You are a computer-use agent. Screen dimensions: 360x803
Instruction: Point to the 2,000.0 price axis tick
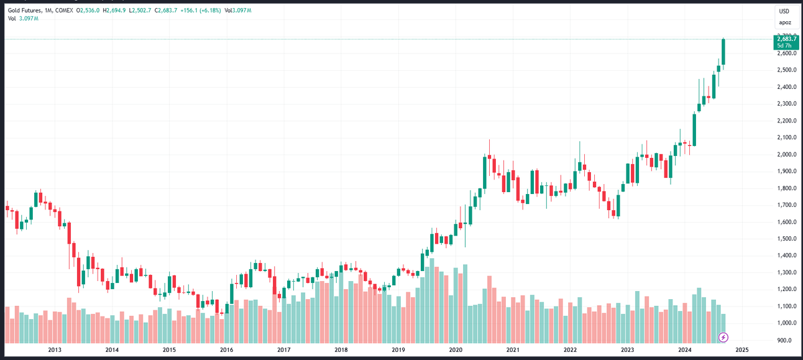pos(786,154)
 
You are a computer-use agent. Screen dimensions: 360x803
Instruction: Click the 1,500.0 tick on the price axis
pos(786,239)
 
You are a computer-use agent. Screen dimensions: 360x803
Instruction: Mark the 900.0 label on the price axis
pos(787,340)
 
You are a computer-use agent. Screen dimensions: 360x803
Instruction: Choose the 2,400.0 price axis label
pos(786,87)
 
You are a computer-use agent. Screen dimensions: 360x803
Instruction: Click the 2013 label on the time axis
pos(55,350)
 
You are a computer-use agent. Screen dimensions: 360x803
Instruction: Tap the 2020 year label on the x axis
pos(456,350)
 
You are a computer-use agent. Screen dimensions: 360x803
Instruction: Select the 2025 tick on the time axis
pos(742,350)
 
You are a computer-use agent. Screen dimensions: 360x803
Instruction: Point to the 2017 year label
pos(284,350)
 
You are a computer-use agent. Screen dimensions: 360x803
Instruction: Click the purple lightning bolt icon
pos(723,337)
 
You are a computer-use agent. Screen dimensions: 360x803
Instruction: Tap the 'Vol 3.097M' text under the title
pos(23,19)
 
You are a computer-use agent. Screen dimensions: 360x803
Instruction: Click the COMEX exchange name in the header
pos(64,11)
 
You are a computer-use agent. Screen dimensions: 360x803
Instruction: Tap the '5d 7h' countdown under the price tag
pos(784,46)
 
